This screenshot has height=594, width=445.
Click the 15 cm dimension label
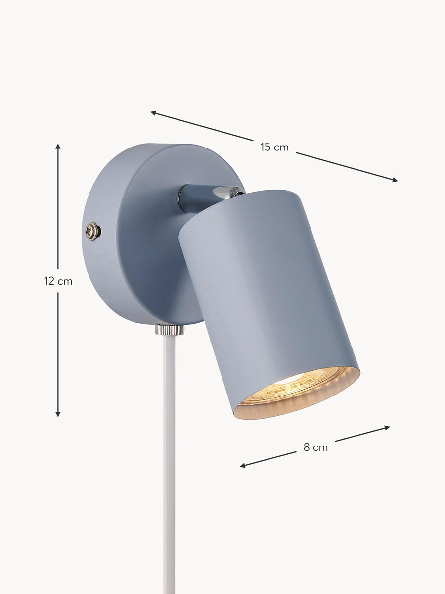pyautogui.click(x=274, y=147)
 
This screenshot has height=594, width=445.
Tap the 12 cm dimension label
pyautogui.click(x=58, y=281)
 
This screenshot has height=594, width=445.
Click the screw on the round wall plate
pyautogui.click(x=92, y=231)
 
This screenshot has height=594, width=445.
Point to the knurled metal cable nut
pyautogui.click(x=170, y=330)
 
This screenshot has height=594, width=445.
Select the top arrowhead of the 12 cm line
pyautogui.click(x=58, y=147)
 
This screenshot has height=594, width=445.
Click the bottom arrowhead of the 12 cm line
pyautogui.click(x=58, y=414)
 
